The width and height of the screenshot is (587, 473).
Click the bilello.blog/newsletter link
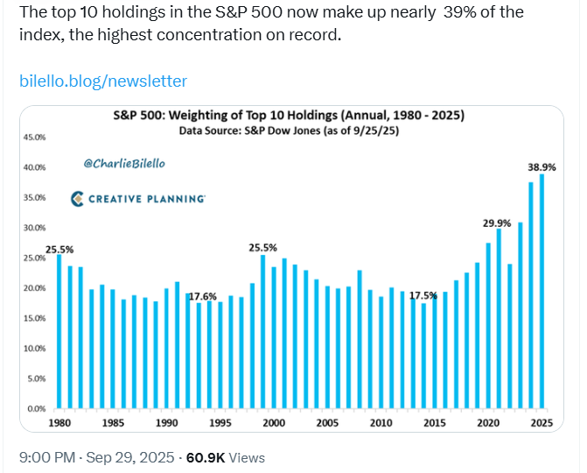point(103,81)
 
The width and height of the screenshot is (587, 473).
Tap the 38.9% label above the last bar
point(542,166)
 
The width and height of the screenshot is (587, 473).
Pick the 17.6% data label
point(203,296)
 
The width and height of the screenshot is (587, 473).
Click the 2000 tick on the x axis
point(274,423)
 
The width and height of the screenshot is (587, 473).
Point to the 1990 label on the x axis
point(167,423)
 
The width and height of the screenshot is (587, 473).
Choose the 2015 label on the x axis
point(434,423)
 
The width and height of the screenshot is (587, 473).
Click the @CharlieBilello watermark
point(124,164)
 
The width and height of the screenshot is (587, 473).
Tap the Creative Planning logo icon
point(77,199)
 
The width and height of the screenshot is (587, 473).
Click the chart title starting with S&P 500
point(289,116)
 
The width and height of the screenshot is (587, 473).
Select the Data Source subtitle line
point(289,130)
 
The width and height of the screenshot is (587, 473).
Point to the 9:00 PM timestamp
point(45,457)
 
